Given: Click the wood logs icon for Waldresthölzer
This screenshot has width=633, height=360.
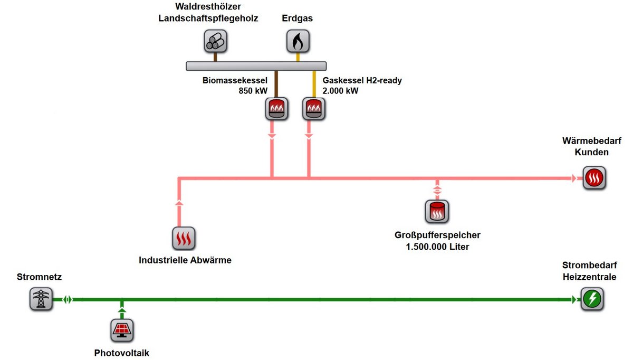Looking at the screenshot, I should coord(215,41).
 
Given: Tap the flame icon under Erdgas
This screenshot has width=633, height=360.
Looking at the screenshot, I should coord(298,41).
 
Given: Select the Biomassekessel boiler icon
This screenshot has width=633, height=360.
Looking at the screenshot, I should coord(276,109).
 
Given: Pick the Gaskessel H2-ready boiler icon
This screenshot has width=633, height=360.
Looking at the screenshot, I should coord(314,109).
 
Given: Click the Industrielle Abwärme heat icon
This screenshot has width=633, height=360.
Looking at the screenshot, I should coord(184,238).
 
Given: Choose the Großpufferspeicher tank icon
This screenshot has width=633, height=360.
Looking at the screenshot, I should coord(437,211).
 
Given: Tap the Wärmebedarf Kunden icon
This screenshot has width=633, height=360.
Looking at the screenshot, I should coord(594,178).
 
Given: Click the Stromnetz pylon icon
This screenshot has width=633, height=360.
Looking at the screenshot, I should coord(41,299).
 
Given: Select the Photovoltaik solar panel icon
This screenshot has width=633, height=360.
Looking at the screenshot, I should coord(122,330).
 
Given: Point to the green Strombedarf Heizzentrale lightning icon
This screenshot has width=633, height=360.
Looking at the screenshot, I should coord(592,299).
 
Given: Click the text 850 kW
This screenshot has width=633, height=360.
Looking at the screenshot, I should coord(253,90).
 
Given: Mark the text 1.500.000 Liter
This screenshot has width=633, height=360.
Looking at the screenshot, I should coord(437,247).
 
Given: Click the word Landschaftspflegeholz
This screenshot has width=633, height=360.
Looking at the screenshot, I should coord(208,18).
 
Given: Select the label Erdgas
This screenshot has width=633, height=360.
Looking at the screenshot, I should coord(297,18).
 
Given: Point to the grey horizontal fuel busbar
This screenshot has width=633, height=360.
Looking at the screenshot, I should coord(257,66).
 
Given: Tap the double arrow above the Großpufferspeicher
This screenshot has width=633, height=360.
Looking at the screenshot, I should coord(437,188).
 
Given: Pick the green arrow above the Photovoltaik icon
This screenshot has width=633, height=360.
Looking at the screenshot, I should coord(122,310).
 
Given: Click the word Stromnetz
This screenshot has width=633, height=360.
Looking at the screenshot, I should coord(39,277).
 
